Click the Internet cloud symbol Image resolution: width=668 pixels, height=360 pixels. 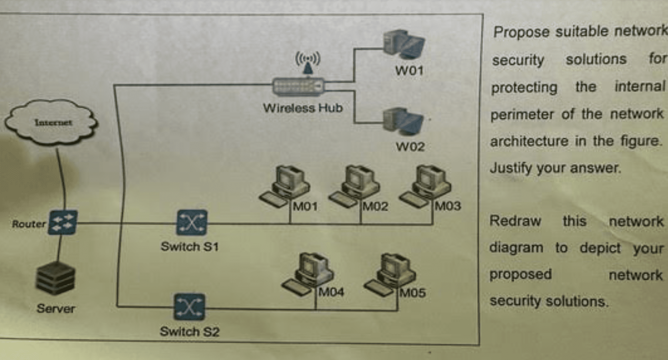coord(52,122)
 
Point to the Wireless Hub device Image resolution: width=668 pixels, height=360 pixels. coord(298,86)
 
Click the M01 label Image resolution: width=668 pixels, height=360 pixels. coord(305,206)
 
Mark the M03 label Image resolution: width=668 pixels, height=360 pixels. coord(448,206)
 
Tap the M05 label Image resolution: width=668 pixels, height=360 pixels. coord(413,293)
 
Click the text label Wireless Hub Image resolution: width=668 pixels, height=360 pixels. coord(303,108)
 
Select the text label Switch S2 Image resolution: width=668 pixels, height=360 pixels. coord(189,332)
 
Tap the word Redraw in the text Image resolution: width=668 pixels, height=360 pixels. coord(515,221)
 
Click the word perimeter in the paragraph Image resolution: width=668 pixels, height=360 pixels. coord(522,114)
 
